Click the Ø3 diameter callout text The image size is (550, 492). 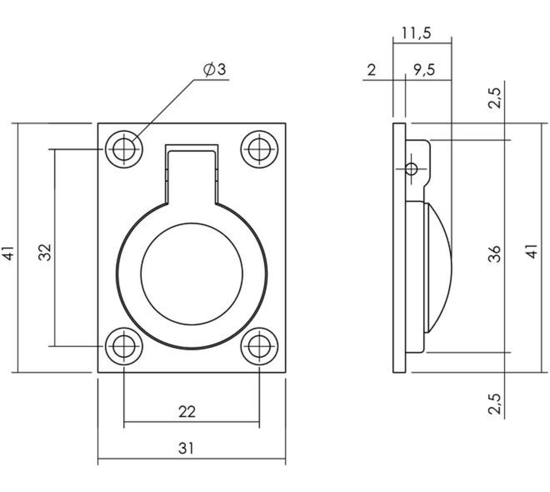click(214, 70)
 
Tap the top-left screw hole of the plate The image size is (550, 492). click(124, 148)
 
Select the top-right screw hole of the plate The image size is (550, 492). click(259, 148)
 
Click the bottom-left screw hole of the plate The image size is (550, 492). click(124, 347)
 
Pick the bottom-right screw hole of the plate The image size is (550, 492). click(259, 347)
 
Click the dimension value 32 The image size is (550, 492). click(45, 252)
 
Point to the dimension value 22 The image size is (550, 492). click(187, 411)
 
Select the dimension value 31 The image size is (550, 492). click(186, 448)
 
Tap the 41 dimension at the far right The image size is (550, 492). click(532, 252)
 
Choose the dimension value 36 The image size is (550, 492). click(496, 253)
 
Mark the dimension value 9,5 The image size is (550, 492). click(423, 70)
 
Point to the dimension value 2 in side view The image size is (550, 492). click(372, 70)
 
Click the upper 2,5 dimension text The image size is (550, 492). click(496, 98)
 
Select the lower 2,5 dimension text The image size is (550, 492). click(496, 404)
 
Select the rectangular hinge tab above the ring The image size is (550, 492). click(191, 172)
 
